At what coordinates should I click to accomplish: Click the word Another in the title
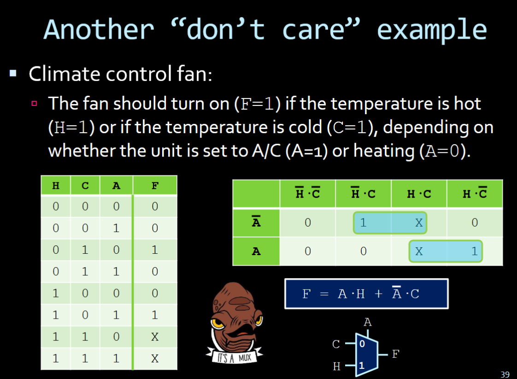point(99,29)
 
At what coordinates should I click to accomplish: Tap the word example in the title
point(432,31)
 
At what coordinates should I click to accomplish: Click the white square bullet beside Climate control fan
point(13,73)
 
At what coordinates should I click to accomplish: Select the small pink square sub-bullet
point(34,104)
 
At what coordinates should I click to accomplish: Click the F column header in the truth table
point(155,186)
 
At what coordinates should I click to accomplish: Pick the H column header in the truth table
point(56,186)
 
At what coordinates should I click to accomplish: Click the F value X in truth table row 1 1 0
point(155,337)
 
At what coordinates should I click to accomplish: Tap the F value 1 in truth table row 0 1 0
point(155,250)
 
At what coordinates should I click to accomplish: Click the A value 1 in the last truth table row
point(116,358)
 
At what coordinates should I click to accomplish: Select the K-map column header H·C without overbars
point(419,194)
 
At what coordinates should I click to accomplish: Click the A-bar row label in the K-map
point(256,222)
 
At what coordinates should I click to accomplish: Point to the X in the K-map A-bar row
point(419,223)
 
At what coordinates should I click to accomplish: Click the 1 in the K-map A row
point(475,251)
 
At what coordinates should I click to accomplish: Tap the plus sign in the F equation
point(378,293)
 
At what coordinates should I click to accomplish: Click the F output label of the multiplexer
point(396,354)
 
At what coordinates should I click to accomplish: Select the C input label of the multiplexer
point(336,344)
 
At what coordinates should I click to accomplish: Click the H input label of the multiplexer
point(337,366)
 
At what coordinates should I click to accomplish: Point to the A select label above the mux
point(368,322)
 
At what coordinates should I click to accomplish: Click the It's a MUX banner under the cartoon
point(234,356)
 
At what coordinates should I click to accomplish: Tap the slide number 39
point(505,374)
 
